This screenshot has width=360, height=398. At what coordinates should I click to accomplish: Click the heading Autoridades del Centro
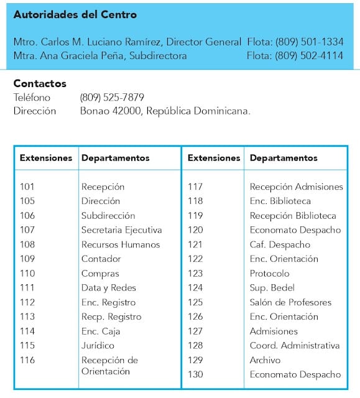pyautogui.click(x=75, y=15)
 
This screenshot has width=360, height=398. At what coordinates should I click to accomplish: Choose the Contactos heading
pyautogui.click(x=40, y=84)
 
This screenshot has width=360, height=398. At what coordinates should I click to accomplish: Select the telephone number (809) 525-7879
pyautogui.click(x=112, y=98)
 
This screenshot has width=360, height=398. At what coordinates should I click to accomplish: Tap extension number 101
pyautogui.click(x=27, y=187)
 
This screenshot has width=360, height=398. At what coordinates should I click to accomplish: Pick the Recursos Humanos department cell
pyautogui.click(x=121, y=244)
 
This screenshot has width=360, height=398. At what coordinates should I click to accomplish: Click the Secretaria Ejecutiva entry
pyautogui.click(x=121, y=230)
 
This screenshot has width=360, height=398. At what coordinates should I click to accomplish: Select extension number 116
pyautogui.click(x=27, y=360)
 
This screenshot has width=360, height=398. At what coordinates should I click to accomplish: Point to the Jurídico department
pyautogui.click(x=98, y=346)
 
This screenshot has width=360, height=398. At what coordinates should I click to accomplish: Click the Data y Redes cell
pyautogui.click(x=109, y=288)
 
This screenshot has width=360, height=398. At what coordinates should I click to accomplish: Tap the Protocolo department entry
pyautogui.click(x=269, y=274)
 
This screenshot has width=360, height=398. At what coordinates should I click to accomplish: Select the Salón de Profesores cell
pyautogui.click(x=290, y=302)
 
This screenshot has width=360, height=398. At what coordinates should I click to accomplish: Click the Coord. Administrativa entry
pyautogui.click(x=295, y=346)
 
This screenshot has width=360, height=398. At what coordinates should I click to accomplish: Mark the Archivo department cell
pyautogui.click(x=265, y=360)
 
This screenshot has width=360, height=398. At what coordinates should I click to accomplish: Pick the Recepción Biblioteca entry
pyautogui.click(x=293, y=216)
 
